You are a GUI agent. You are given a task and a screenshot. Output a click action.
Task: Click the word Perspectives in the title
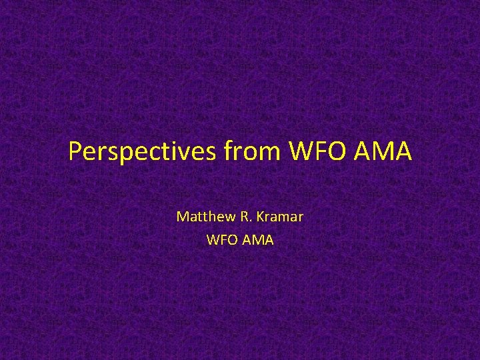142,153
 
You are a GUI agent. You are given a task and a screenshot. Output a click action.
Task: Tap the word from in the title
253,153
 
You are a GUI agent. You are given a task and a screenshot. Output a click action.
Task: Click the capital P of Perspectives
75,153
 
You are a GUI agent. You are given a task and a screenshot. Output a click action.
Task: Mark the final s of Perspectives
211,154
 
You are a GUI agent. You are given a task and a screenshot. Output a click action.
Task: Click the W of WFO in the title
300,153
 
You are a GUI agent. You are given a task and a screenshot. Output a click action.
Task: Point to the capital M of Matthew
181,217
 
